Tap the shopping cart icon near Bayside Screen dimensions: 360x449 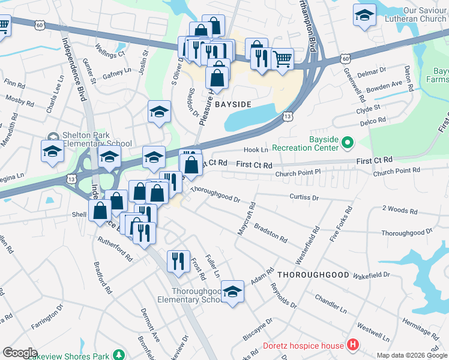click(282, 59)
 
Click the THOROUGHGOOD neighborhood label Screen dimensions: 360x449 click(313, 274)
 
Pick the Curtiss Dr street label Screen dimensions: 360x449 click(304, 196)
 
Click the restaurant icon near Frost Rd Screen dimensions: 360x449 click(178, 260)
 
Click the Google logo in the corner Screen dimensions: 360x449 click(19, 353)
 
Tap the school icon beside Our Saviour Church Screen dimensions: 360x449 click(364, 15)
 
